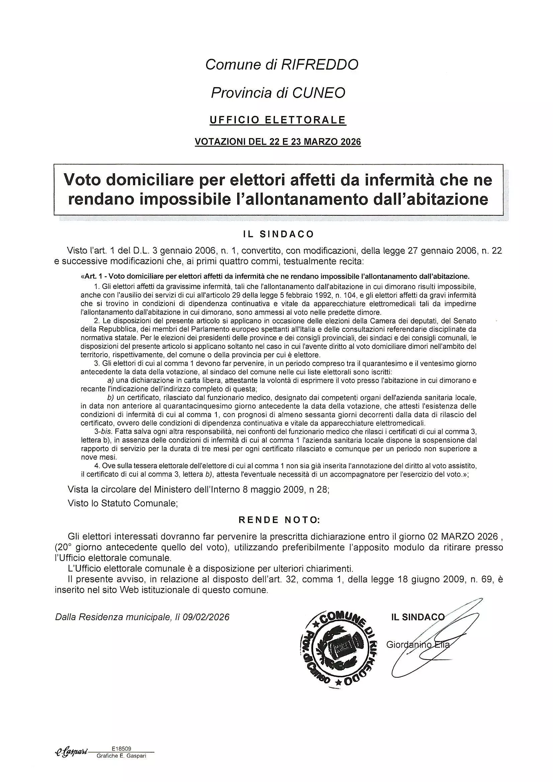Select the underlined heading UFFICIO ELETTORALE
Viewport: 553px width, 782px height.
point(278,120)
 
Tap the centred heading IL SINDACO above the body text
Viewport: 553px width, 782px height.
point(278,234)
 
